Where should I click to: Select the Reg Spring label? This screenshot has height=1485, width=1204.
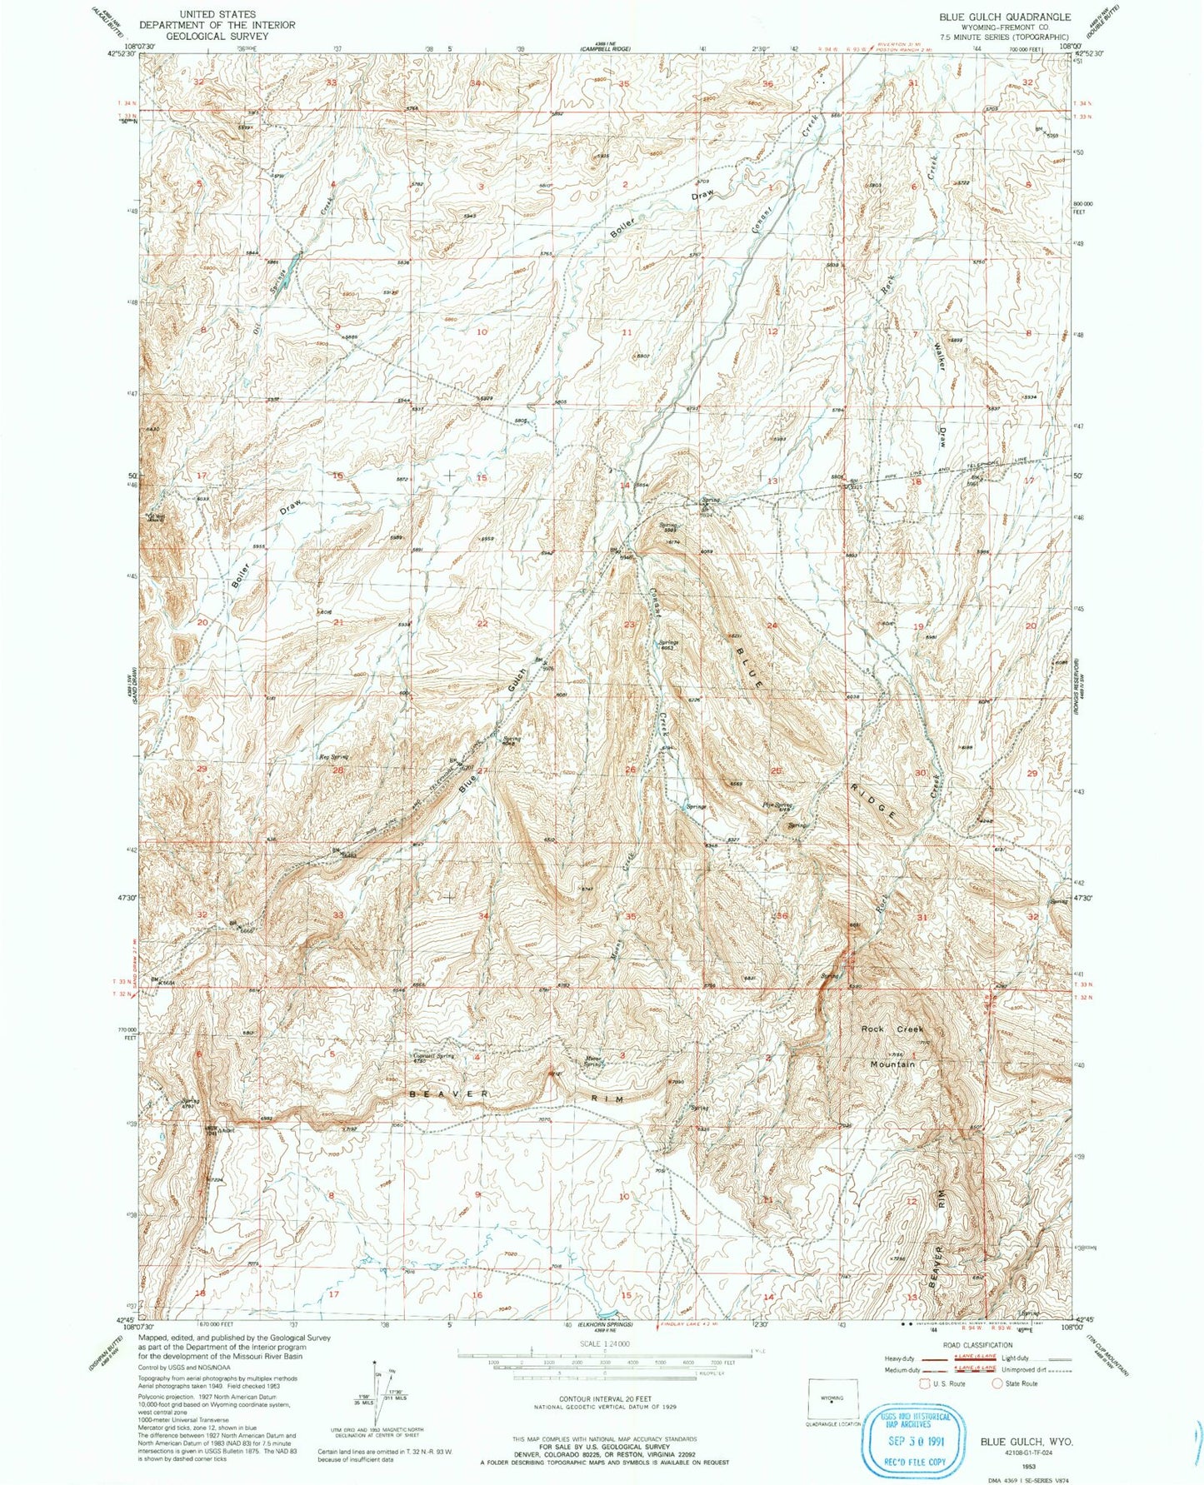pyautogui.click(x=333, y=757)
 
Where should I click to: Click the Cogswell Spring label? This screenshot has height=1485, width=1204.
pyautogui.click(x=434, y=1057)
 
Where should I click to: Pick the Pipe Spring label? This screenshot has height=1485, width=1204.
pyautogui.click(x=777, y=805)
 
